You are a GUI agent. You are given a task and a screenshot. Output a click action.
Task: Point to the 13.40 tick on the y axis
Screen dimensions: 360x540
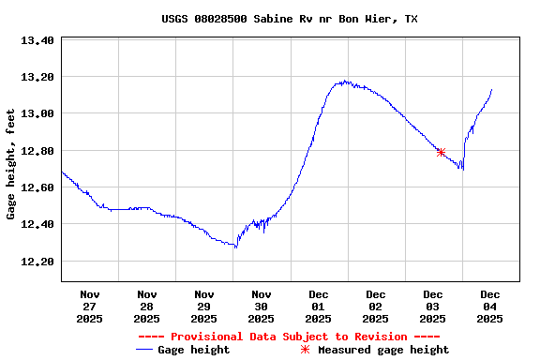click(38, 40)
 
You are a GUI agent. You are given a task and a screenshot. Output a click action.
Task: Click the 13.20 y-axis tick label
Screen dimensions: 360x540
click(38, 77)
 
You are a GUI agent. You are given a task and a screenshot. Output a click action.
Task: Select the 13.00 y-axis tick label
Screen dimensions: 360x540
click(38, 113)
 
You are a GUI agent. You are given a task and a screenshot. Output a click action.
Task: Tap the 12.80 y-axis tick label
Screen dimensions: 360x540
click(38, 151)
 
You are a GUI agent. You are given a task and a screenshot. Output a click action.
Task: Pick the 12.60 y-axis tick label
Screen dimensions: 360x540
click(38, 187)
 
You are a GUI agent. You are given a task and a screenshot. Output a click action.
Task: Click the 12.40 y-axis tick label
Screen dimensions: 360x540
click(38, 224)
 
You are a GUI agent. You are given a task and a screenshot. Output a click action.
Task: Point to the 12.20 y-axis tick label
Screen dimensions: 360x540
click(38, 262)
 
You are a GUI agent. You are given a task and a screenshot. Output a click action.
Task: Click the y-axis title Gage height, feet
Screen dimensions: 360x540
click(11, 164)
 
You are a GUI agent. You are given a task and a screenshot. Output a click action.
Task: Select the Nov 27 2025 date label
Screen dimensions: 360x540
click(90, 306)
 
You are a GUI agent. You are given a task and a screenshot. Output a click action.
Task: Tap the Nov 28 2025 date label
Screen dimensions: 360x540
click(147, 306)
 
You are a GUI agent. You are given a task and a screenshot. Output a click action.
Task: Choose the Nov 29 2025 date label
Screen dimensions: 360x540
click(204, 306)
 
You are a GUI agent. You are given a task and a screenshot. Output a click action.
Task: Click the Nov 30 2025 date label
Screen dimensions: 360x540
click(262, 306)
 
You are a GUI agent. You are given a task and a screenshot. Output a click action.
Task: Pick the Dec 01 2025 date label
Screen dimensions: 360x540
click(319, 306)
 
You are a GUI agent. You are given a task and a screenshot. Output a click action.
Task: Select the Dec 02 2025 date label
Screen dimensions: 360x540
click(376, 306)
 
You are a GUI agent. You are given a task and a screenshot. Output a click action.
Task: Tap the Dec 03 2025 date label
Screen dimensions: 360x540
click(433, 306)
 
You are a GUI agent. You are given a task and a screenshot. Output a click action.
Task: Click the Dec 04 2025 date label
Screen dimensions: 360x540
click(490, 306)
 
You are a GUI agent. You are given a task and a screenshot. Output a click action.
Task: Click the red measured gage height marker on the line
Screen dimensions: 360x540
click(441, 152)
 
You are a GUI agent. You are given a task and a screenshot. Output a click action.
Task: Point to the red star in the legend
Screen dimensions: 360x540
click(305, 350)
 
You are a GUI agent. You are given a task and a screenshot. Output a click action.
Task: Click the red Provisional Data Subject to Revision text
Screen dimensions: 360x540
click(289, 337)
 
